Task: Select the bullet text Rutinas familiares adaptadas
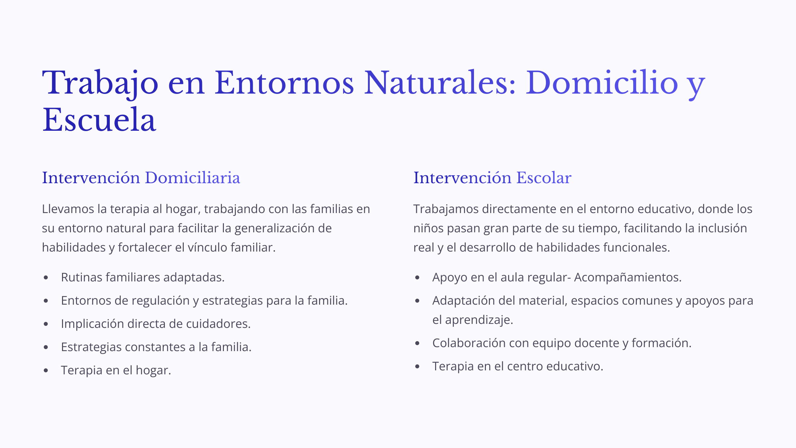[143, 277]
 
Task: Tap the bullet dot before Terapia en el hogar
[46, 370]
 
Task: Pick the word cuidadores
[218, 324]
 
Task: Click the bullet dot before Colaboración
[418, 343]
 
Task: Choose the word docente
[597, 343]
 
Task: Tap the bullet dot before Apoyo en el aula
[418, 277]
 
